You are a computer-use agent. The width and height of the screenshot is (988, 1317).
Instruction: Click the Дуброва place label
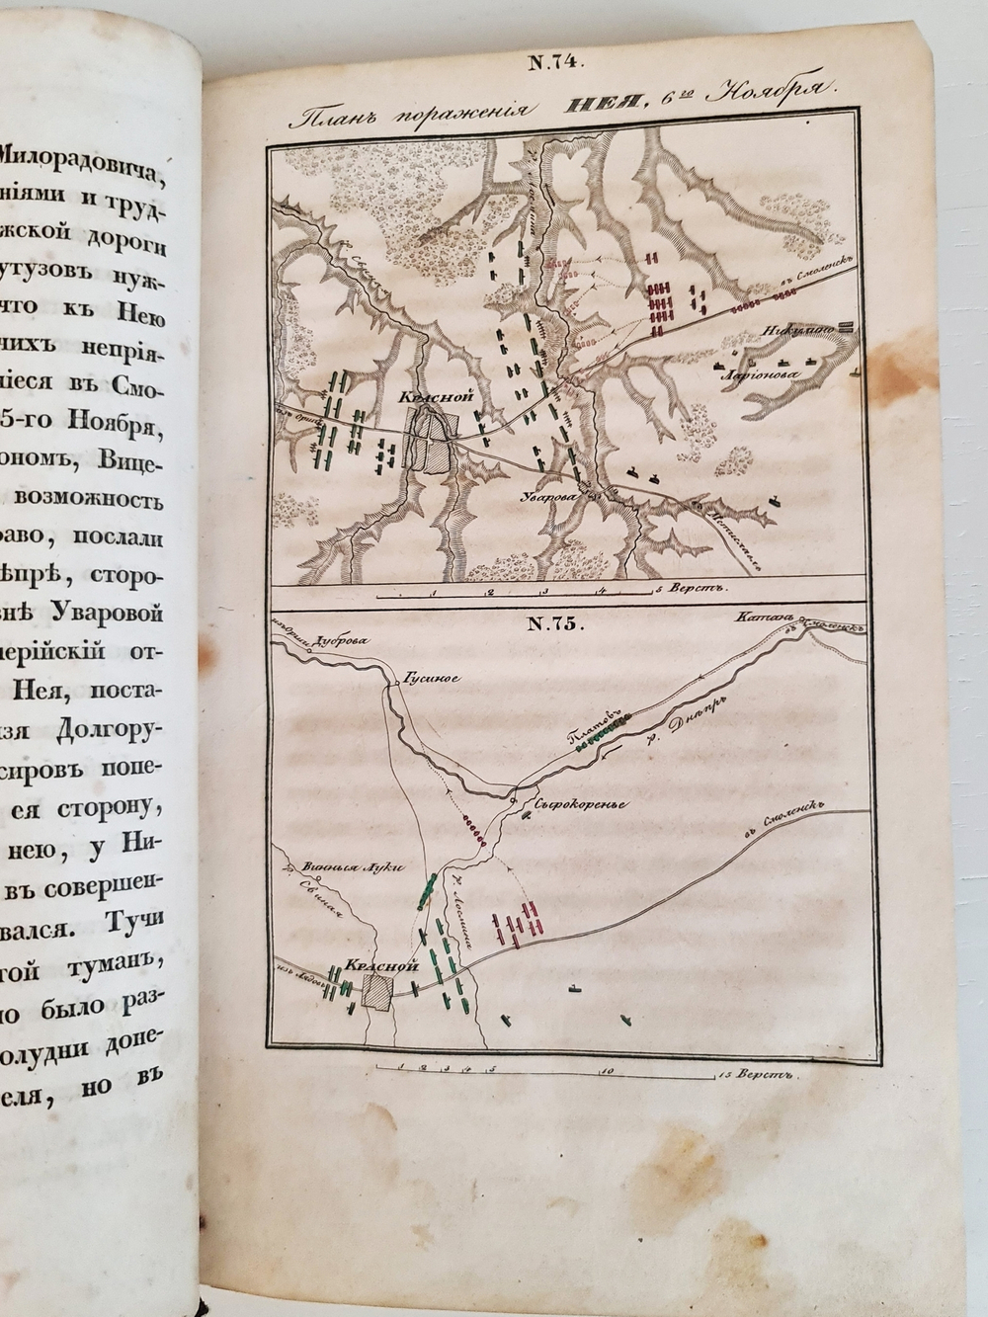click(x=343, y=640)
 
